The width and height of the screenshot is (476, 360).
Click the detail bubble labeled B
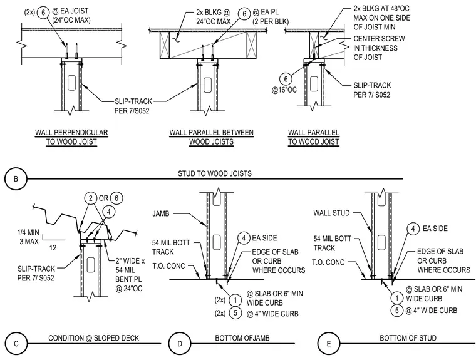[16, 179]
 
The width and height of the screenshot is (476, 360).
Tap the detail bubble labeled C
[16, 344]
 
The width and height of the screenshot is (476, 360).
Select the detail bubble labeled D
[180, 344]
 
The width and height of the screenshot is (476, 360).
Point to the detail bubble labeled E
[328, 344]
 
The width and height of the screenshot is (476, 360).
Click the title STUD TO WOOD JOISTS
[215, 173]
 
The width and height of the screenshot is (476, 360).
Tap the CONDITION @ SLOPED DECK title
[93, 338]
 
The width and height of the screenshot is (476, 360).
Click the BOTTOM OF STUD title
[408, 338]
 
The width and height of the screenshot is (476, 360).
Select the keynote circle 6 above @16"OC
[286, 79]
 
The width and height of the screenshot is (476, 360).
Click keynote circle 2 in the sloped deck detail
[90, 198]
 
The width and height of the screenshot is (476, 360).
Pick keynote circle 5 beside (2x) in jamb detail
[235, 313]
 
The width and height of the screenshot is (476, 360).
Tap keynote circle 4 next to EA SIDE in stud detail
[413, 229]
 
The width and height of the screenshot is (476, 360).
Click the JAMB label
[161, 213]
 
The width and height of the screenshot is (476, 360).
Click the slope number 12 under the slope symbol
[53, 248]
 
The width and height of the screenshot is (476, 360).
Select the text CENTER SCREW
[379, 39]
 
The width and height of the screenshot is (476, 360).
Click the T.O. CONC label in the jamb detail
[168, 266]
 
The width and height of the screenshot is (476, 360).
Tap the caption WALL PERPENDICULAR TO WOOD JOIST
[71, 137]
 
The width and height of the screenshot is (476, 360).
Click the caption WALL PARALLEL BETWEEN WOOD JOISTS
[211, 137]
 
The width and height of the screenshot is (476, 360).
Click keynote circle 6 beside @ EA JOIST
[43, 13]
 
